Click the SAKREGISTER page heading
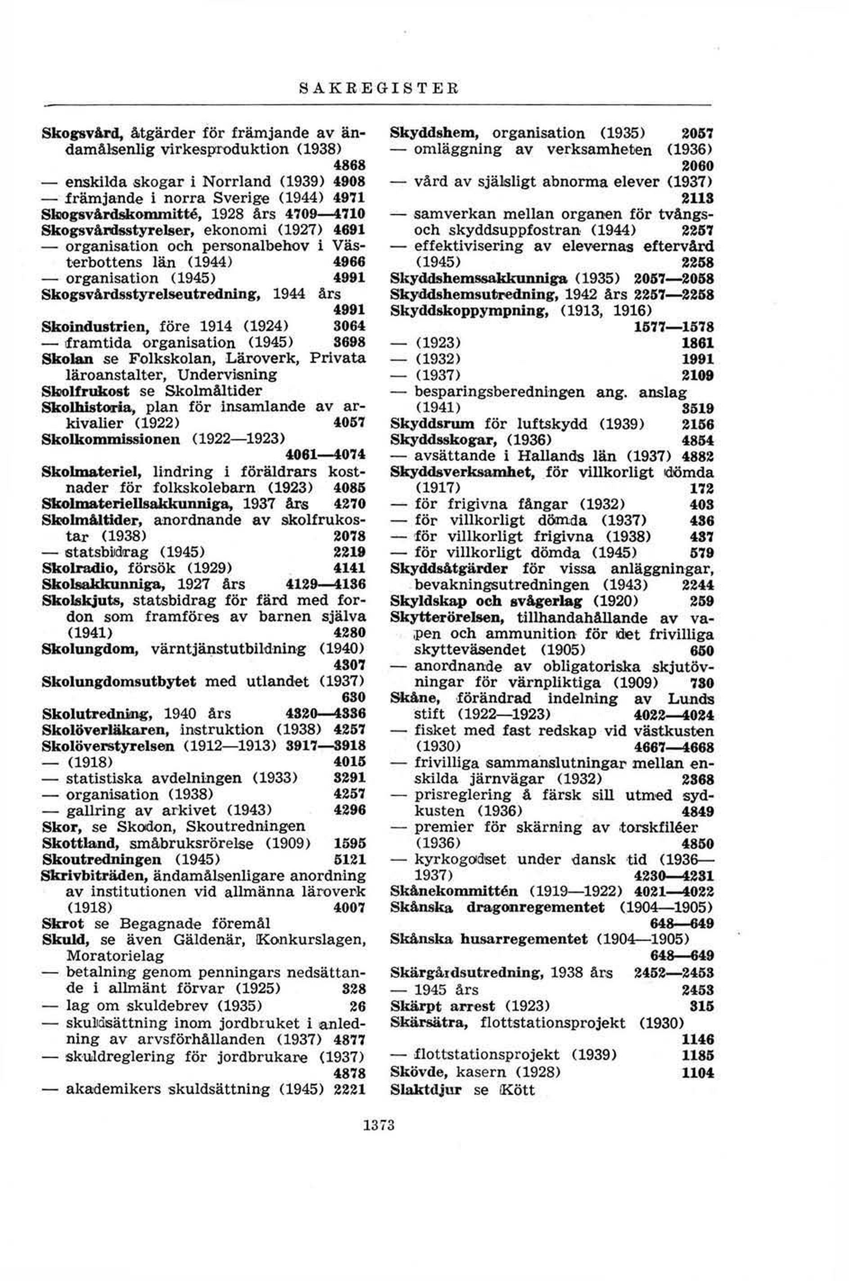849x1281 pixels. pyautogui.click(x=379, y=88)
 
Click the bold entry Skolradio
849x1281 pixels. pyautogui.click(x=81, y=568)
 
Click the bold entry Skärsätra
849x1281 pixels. pyautogui.click(x=431, y=1023)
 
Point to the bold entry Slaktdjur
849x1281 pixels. pyautogui.click(x=425, y=1088)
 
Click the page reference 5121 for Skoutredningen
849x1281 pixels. pyautogui.click(x=350, y=859)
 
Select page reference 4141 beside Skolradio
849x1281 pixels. pyautogui.click(x=350, y=568)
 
